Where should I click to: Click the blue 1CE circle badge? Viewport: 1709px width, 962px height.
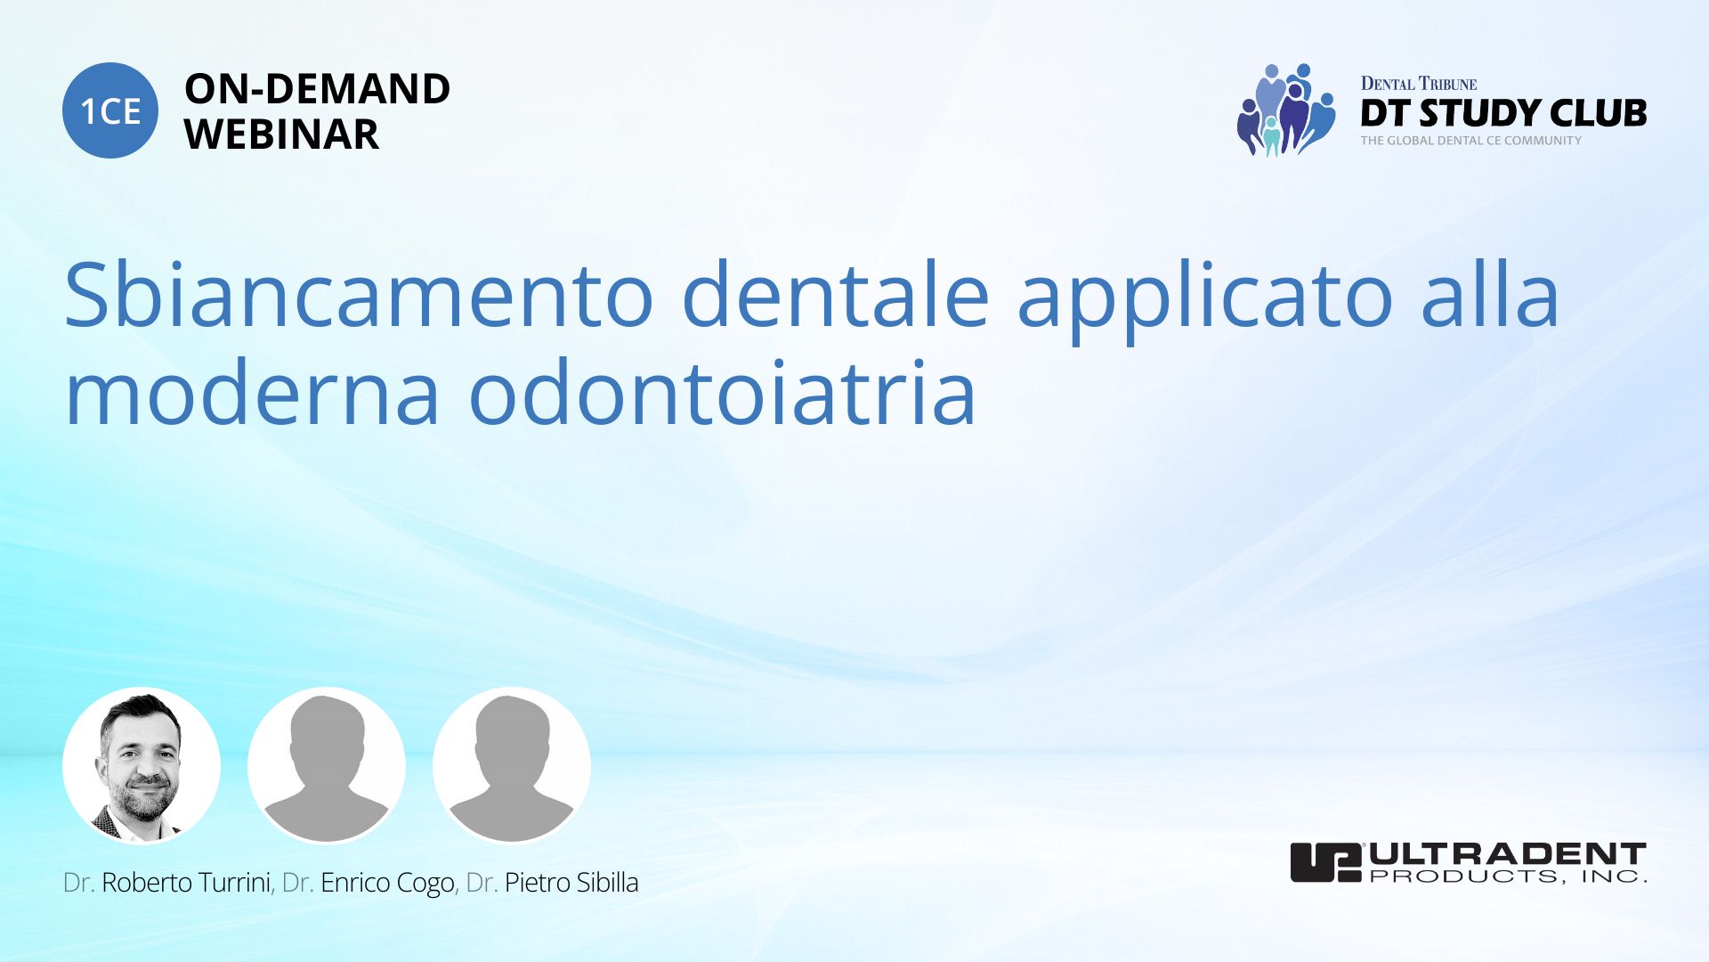(110, 110)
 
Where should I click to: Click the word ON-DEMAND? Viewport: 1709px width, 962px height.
(317, 89)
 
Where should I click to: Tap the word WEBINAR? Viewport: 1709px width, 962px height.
(282, 135)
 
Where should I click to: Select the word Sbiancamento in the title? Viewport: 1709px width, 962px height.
(359, 295)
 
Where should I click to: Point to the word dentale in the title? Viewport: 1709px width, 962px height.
(835, 295)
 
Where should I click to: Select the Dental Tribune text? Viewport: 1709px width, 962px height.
(1418, 84)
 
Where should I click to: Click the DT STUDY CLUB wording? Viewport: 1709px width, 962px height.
(1503, 113)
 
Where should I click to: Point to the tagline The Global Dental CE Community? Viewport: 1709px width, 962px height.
(1470, 141)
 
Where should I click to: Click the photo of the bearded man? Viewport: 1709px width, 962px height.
(142, 765)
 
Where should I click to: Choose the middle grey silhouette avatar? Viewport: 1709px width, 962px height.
(327, 765)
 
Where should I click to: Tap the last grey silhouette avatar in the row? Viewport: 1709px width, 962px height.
(512, 765)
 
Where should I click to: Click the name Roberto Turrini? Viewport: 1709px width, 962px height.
(186, 883)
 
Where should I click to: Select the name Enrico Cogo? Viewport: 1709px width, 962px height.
(387, 884)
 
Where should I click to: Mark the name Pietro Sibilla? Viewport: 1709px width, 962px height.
(571, 883)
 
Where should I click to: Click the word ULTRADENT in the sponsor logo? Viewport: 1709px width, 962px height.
(1508, 854)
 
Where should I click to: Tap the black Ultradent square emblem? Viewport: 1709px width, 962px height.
(1326, 862)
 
